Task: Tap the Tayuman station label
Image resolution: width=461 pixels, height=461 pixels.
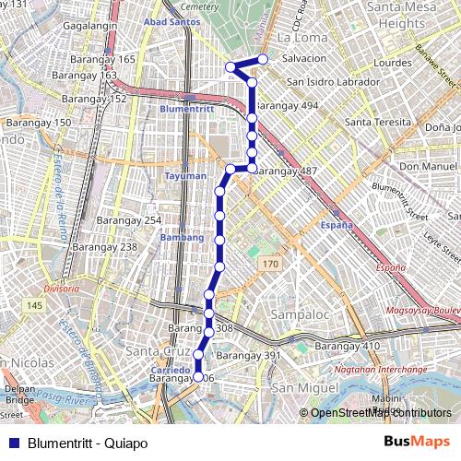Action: coord(185,175)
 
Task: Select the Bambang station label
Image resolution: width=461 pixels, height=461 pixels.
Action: coord(182,237)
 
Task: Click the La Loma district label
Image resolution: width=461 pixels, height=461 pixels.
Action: coord(297,39)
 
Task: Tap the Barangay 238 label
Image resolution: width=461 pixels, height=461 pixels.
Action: coord(104,247)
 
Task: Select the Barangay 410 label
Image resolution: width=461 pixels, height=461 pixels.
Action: coord(348,346)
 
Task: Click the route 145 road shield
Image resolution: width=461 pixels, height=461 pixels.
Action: coord(34,305)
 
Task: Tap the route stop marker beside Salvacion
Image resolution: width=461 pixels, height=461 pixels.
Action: coord(263,59)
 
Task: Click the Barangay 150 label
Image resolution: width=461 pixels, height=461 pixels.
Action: coord(38,123)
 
